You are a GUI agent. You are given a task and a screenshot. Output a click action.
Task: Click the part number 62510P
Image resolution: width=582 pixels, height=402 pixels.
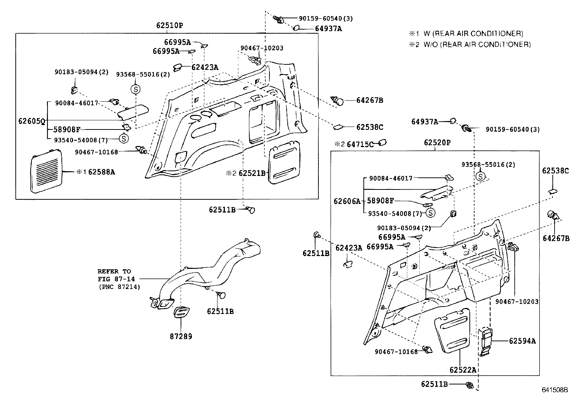(x=169, y=25)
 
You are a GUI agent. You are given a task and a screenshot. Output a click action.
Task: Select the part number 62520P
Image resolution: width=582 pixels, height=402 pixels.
(x=437, y=143)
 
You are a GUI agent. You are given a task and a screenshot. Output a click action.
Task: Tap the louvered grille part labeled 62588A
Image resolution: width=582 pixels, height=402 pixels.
(x=45, y=171)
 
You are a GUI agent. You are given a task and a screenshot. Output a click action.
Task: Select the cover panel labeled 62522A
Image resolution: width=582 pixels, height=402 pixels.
(x=451, y=332)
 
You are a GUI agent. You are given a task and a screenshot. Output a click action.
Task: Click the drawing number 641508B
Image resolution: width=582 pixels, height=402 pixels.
(x=555, y=390)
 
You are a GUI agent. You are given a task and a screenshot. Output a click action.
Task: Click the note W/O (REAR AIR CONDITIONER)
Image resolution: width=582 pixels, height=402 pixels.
(x=477, y=45)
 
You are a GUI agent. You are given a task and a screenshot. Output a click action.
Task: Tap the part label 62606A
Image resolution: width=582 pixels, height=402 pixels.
(x=347, y=201)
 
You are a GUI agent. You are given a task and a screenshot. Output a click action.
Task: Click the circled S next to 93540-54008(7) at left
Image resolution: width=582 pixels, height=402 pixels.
(x=124, y=138)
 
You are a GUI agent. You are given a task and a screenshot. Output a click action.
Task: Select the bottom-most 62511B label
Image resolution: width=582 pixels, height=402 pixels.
(x=434, y=384)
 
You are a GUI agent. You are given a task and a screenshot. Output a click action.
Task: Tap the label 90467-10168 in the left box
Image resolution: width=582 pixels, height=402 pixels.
(x=96, y=152)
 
